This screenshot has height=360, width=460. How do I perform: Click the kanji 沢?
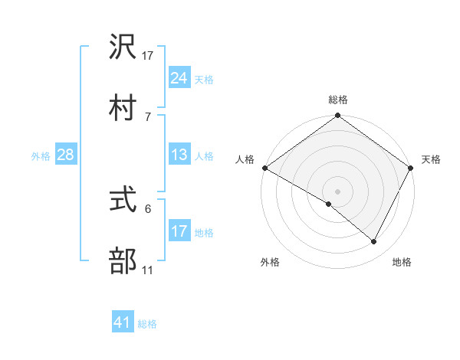click(123, 49)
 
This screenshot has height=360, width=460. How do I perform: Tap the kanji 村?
click(123, 107)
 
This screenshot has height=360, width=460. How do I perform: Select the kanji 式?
click(123, 202)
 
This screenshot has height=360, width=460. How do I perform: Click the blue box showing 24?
click(179, 78)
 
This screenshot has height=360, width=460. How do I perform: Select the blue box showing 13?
click(179, 155)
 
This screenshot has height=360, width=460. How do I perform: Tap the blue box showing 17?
click(179, 231)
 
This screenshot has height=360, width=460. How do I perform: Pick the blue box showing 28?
click(66, 155)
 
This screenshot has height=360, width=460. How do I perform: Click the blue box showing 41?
click(123, 323)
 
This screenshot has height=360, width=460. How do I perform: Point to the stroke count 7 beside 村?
click(147, 116)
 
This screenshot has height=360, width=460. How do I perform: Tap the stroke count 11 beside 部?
click(148, 270)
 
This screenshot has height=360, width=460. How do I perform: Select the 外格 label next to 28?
click(41, 156)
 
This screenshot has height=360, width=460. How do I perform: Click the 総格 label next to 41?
click(147, 324)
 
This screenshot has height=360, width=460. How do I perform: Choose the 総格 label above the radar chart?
click(337, 100)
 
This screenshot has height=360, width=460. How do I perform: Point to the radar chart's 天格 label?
click(431, 159)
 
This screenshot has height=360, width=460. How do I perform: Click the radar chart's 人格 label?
click(245, 159)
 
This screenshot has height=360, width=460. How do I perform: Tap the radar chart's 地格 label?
click(401, 262)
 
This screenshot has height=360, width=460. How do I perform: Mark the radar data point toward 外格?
click(329, 204)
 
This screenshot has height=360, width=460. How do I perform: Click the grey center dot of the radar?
click(337, 191)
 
